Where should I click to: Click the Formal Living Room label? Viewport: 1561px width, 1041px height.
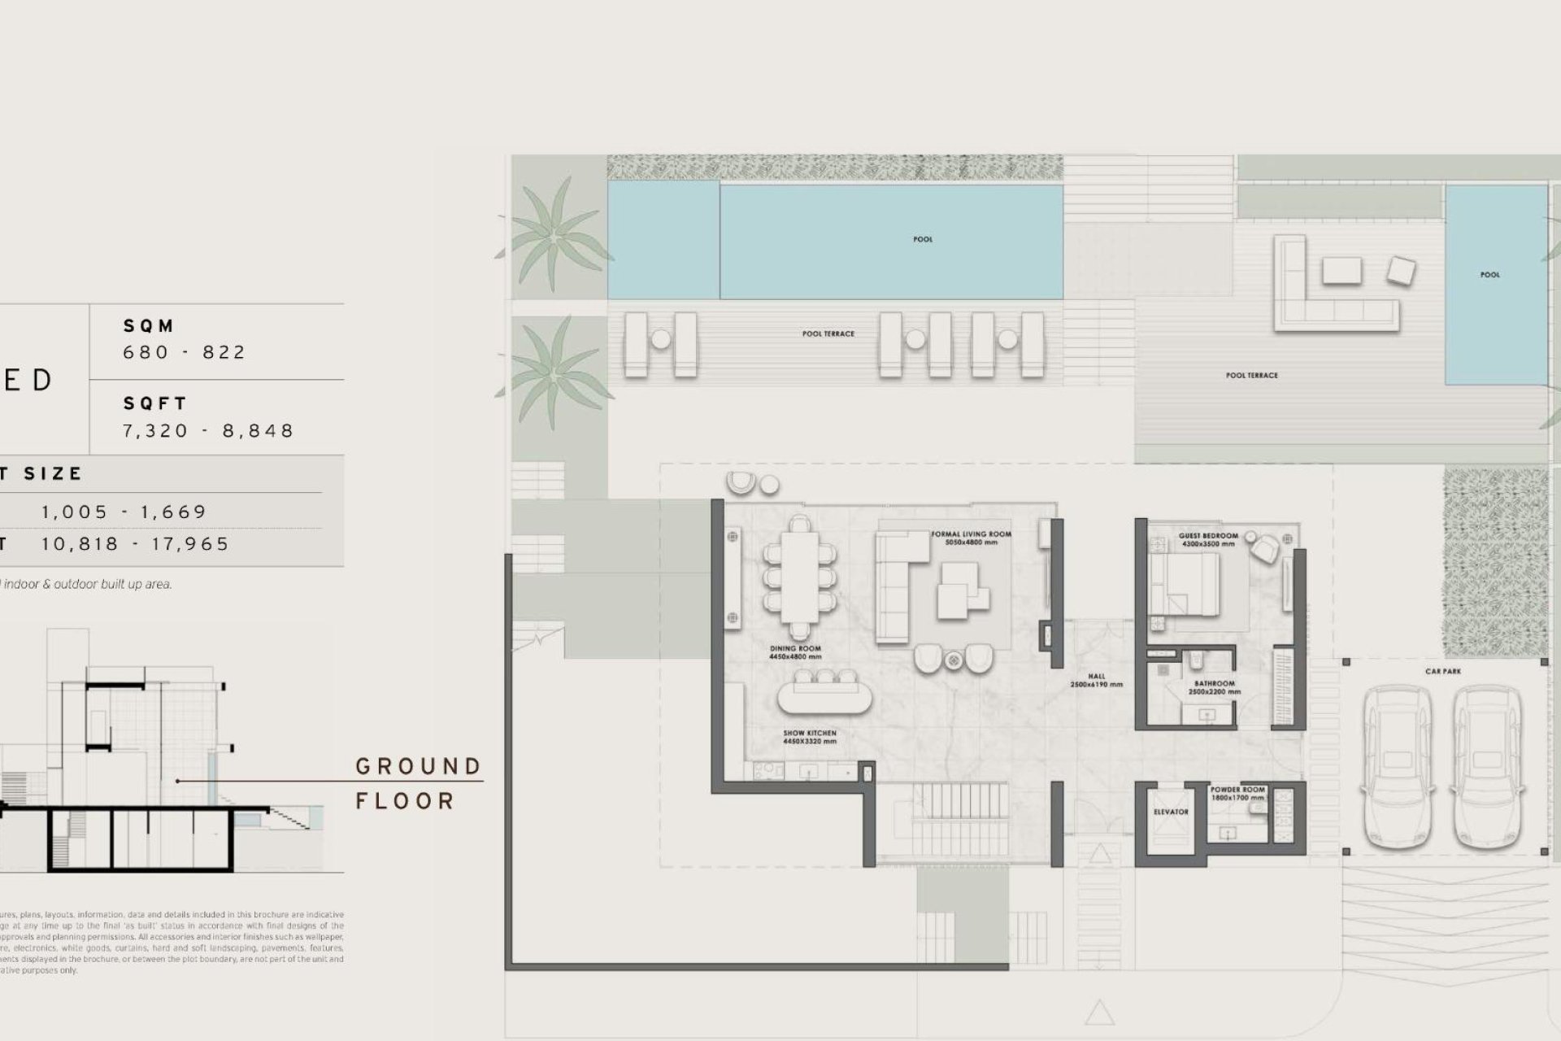[971, 538]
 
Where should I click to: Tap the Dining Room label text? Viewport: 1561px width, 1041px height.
[795, 652]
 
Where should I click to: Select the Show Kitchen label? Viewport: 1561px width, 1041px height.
[809, 737]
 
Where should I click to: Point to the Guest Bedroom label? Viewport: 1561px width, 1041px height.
[1208, 539]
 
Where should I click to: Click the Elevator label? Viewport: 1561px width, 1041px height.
[1171, 812]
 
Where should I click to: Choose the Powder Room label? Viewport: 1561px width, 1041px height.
[1237, 793]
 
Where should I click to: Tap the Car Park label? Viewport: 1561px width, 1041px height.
[1443, 672]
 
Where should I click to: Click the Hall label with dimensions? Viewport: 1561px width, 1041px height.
[1096, 680]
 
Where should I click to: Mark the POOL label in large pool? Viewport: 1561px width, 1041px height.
[923, 239]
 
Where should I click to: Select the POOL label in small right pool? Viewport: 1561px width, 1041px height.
[1489, 275]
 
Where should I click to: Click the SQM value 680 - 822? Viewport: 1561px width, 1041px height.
[184, 352]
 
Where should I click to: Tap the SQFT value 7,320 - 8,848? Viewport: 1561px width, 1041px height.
[208, 430]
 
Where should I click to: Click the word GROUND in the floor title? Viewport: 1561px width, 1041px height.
[419, 766]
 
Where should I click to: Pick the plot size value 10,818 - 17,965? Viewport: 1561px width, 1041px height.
[136, 544]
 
